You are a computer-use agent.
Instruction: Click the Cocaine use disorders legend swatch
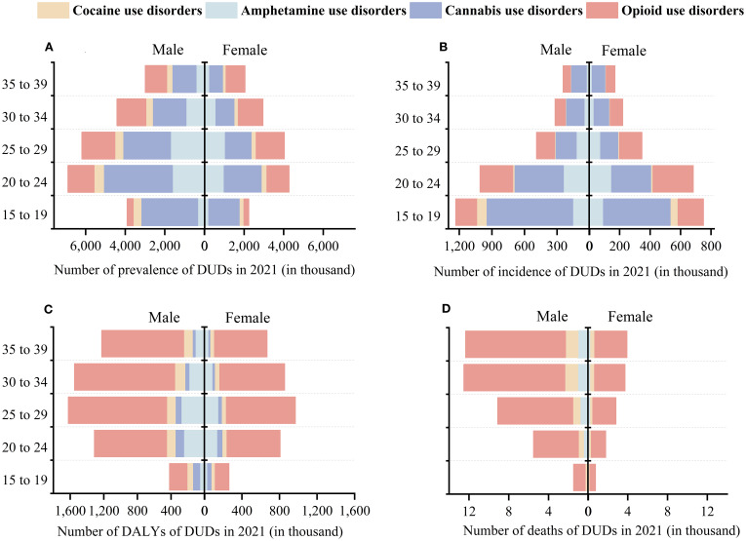(x=24, y=11)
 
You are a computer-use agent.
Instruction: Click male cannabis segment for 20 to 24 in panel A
(x=137, y=179)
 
